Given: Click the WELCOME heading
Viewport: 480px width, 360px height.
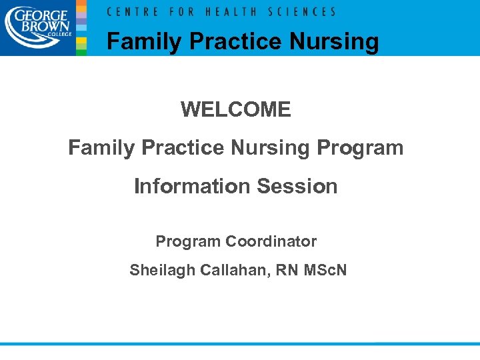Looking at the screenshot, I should [x=235, y=109].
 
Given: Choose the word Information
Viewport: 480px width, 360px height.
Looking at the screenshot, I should [x=191, y=186].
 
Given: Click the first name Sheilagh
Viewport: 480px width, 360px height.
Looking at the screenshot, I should [x=159, y=270].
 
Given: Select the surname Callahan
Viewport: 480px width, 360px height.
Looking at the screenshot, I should [x=223, y=270].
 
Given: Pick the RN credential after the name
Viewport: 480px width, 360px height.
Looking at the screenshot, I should [x=273, y=270].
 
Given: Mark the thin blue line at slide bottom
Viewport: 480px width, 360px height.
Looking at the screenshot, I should [x=240, y=344].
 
